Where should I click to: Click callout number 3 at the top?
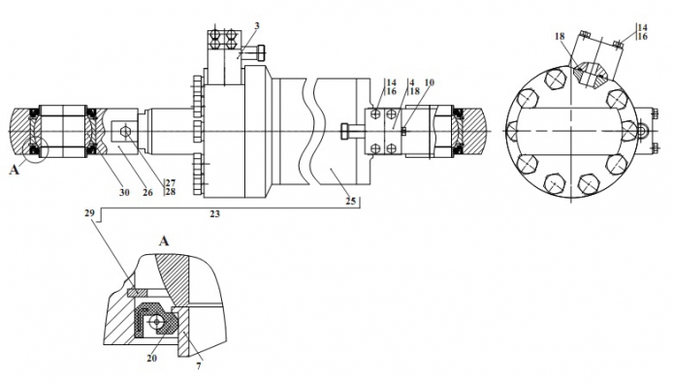click(257, 26)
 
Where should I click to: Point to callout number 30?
click(124, 193)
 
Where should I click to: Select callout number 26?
click(147, 193)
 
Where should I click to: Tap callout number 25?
click(351, 201)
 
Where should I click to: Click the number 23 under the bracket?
click(214, 213)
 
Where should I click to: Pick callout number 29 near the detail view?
click(89, 213)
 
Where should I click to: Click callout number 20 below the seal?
click(151, 358)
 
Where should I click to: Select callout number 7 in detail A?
click(199, 367)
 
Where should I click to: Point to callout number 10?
click(429, 82)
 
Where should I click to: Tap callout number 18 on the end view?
click(560, 37)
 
